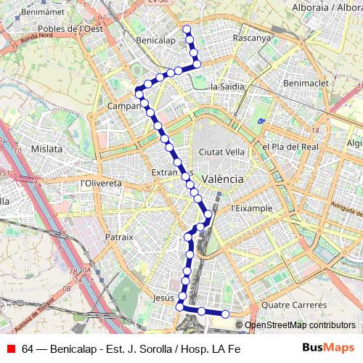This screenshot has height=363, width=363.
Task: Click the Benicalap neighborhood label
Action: [155, 41]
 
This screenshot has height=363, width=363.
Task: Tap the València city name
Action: [222, 178]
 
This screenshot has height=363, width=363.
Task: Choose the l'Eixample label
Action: [250, 208]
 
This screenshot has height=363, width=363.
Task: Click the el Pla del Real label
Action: [290, 146]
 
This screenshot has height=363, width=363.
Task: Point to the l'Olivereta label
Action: [101, 183]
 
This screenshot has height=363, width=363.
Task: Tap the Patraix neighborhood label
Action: [119, 237]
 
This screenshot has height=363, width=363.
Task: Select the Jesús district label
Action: [164, 298]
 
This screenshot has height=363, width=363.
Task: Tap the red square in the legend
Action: [10, 348]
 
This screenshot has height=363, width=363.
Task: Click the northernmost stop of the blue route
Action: [187, 30]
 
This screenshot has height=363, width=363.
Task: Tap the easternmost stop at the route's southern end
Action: [225, 314]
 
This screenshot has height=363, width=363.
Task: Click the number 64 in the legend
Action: [28, 348]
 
